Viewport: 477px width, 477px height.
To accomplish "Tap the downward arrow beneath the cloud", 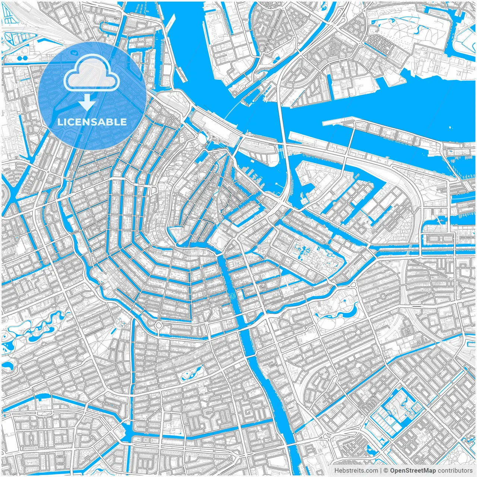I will (x=87, y=102).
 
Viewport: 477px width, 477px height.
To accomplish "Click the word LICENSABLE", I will (x=92, y=122).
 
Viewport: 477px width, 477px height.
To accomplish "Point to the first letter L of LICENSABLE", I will (x=60, y=122).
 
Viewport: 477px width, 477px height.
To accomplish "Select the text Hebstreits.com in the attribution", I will (x=356, y=470).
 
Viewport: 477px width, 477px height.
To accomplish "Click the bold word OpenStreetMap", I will (x=413, y=470).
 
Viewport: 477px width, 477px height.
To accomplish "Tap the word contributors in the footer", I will (x=455, y=470).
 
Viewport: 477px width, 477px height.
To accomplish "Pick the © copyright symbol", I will (x=386, y=470).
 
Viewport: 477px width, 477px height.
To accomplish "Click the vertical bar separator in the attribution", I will (x=380, y=470).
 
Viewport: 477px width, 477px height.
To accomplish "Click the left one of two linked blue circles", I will (x=19, y=59).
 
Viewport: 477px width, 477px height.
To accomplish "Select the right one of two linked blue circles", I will (x=25, y=59).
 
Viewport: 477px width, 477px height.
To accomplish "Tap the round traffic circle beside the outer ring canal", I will (x=159, y=325).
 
